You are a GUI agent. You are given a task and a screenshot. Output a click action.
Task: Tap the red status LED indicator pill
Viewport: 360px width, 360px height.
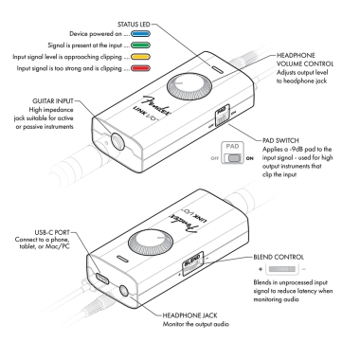140,66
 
